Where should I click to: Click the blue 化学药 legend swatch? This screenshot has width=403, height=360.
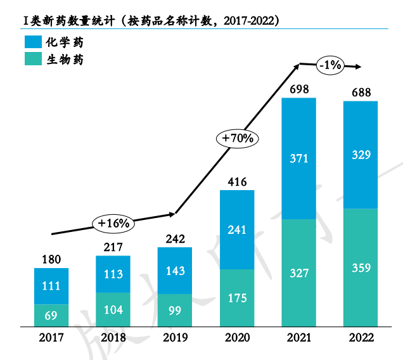tap(32, 42)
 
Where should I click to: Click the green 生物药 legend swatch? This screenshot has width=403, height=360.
tap(32, 60)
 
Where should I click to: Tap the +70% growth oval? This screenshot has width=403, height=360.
tap(237, 138)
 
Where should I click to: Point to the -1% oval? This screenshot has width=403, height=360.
tap(330, 65)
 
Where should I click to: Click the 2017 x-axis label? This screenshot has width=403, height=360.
tap(51, 338)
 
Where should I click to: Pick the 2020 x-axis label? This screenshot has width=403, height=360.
tap(237, 338)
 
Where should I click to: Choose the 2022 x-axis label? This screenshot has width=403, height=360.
tap(361, 338)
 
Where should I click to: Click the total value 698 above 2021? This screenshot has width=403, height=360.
tap(298, 89)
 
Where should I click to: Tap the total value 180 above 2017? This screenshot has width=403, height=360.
tap(51, 259)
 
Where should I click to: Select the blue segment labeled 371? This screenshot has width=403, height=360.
tap(298, 158)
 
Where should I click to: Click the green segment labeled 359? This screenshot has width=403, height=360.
tap(361, 267)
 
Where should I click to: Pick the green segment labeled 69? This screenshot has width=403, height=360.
tap(51, 315)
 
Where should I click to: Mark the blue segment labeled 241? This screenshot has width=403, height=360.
tap(237, 229)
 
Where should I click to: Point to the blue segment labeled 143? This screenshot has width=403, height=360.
tap(175, 271)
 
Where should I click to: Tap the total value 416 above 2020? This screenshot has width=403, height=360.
tap(237, 182)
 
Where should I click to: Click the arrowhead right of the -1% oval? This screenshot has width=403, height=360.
tap(359, 65)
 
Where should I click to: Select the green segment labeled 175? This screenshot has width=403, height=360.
tap(237, 298)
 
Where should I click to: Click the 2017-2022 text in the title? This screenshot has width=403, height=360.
tap(247, 20)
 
